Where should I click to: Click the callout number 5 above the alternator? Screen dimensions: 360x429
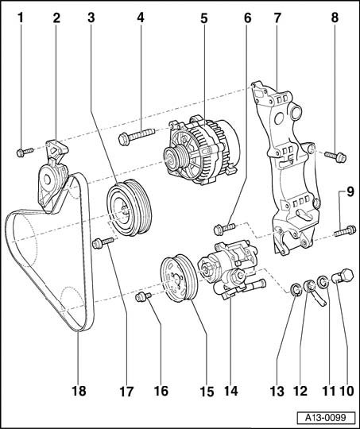(204, 18)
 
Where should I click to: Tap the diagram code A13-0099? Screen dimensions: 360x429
(326, 418)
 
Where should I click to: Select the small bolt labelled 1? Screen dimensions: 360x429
(25, 152)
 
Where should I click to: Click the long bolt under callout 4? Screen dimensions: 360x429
(137, 136)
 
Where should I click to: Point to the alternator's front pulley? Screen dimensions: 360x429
(176, 159)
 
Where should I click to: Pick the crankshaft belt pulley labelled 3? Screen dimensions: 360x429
(129, 207)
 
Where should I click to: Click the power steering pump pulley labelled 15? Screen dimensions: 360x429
(179, 278)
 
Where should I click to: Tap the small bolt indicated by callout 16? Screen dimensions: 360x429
(144, 296)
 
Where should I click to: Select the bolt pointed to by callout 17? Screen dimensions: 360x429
(103, 242)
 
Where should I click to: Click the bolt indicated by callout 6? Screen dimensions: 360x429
(224, 229)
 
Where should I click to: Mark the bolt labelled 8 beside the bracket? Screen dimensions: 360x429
(335, 157)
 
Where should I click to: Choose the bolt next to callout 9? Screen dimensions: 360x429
(345, 231)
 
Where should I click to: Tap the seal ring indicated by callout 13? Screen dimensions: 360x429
(296, 290)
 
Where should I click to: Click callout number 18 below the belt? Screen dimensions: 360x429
(79, 390)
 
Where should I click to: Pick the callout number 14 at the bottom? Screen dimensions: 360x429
(230, 390)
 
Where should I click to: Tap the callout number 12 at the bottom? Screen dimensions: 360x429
(300, 390)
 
